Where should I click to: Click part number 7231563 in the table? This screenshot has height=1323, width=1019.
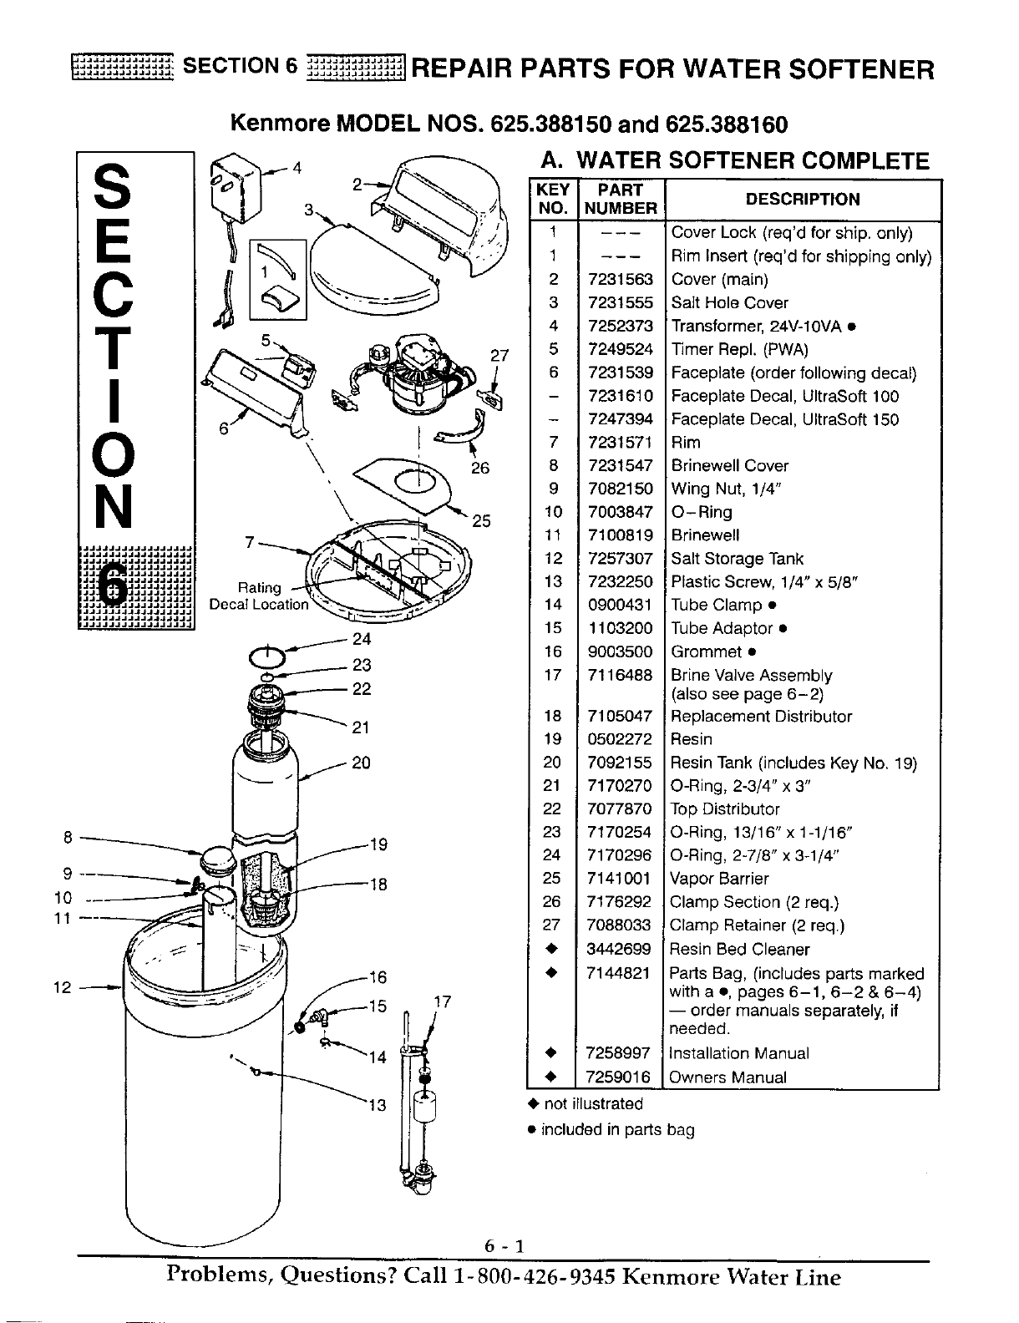[x=620, y=280]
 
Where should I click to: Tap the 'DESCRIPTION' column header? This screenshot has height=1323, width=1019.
[x=802, y=200]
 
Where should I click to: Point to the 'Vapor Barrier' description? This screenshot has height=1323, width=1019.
[x=719, y=879]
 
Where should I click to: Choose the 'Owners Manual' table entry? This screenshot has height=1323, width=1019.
[x=728, y=1077]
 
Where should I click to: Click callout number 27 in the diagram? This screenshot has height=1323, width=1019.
[x=499, y=355]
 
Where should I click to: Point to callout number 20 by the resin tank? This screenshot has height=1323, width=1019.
[x=361, y=763]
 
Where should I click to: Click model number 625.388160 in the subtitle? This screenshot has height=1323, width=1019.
[x=727, y=125]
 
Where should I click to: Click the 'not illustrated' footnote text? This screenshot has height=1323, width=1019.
[x=593, y=1104]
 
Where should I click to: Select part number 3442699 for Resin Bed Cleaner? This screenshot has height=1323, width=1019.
[x=620, y=949]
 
